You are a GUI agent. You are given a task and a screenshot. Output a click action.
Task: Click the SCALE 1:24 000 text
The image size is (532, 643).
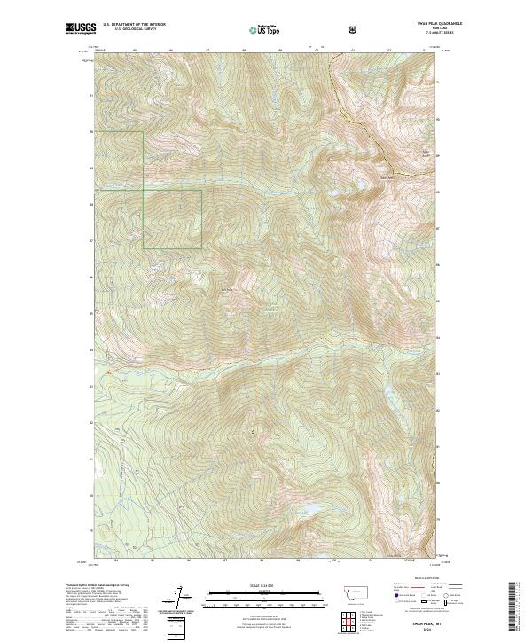pyautogui.click(x=260, y=584)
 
